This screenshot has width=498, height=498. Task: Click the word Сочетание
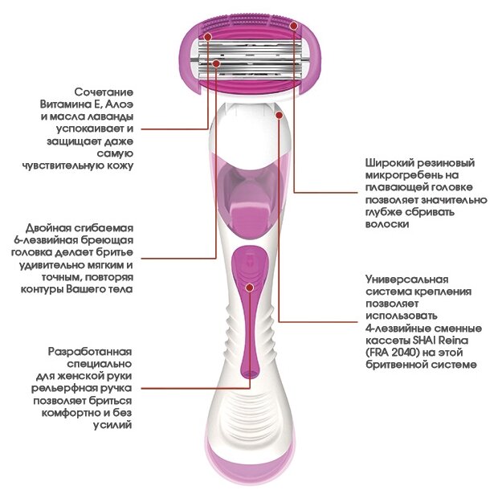coord(104,92)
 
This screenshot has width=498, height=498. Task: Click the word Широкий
coord(385,161)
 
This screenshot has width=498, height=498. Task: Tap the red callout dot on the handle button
coord(249,287)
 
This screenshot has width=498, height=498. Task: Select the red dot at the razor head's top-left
coord(207,36)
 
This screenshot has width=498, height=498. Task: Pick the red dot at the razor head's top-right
coord(294,26)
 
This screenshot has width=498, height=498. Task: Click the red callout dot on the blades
coord(217,61)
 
